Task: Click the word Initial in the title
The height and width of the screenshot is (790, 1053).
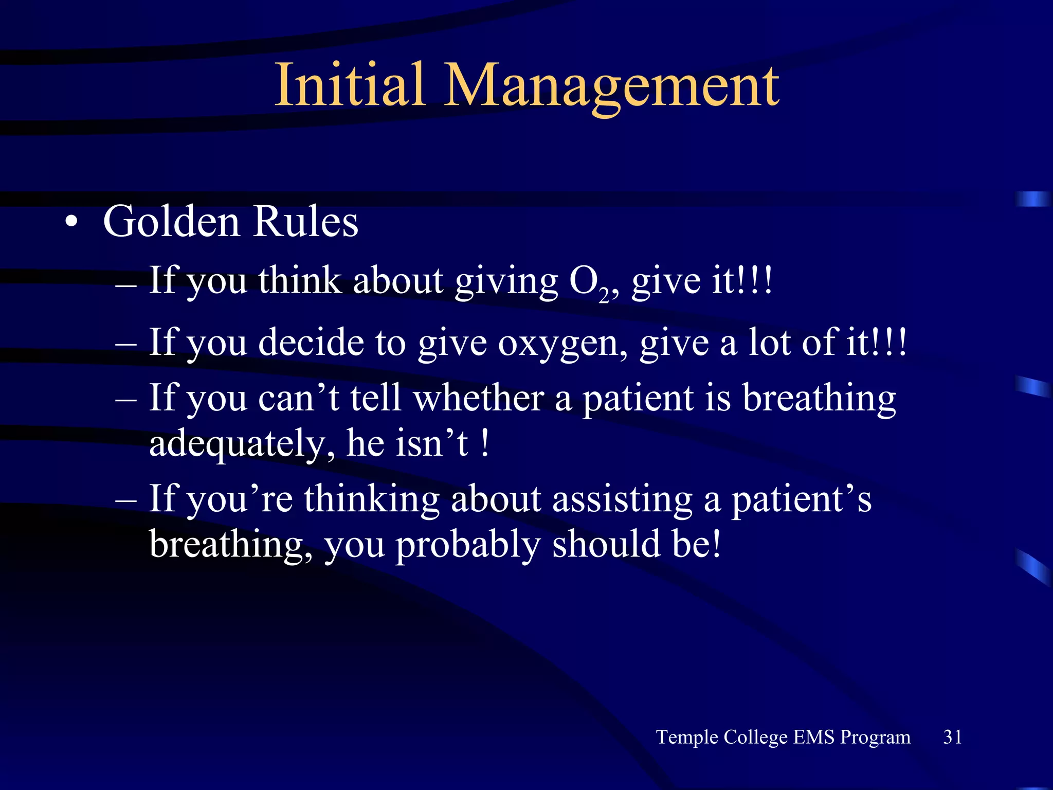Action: pos(350,85)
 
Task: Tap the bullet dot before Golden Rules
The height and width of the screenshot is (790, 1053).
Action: pos(71,222)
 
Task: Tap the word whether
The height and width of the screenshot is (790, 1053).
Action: pos(479,398)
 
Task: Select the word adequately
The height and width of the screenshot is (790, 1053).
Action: pos(242,443)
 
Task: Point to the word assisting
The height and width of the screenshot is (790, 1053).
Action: pos(622,499)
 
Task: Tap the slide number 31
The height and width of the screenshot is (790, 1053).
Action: pos(952,737)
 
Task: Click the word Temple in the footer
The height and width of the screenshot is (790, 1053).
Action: pos(687,737)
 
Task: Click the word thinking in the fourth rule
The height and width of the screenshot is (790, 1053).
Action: pos(371,499)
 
